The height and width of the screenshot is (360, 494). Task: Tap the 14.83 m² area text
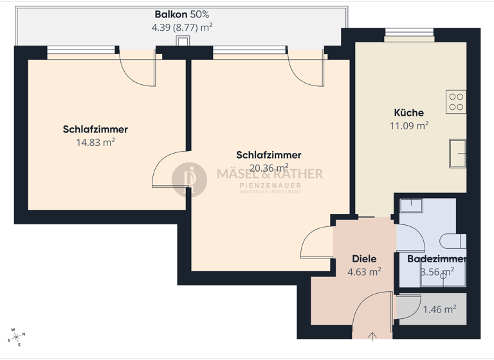click(x=95, y=143)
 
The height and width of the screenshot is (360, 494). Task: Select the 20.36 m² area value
click(x=268, y=168)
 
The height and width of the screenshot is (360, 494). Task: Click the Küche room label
click(x=408, y=113)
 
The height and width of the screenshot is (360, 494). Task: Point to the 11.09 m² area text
click(x=409, y=126)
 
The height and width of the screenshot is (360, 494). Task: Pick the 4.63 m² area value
click(x=364, y=272)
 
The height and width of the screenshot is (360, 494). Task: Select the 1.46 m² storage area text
click(x=439, y=309)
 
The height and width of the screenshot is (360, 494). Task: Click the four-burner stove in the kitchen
click(x=456, y=102)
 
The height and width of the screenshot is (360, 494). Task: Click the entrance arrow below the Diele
click(x=372, y=335)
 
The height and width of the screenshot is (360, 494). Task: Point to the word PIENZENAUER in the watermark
click(x=270, y=186)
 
